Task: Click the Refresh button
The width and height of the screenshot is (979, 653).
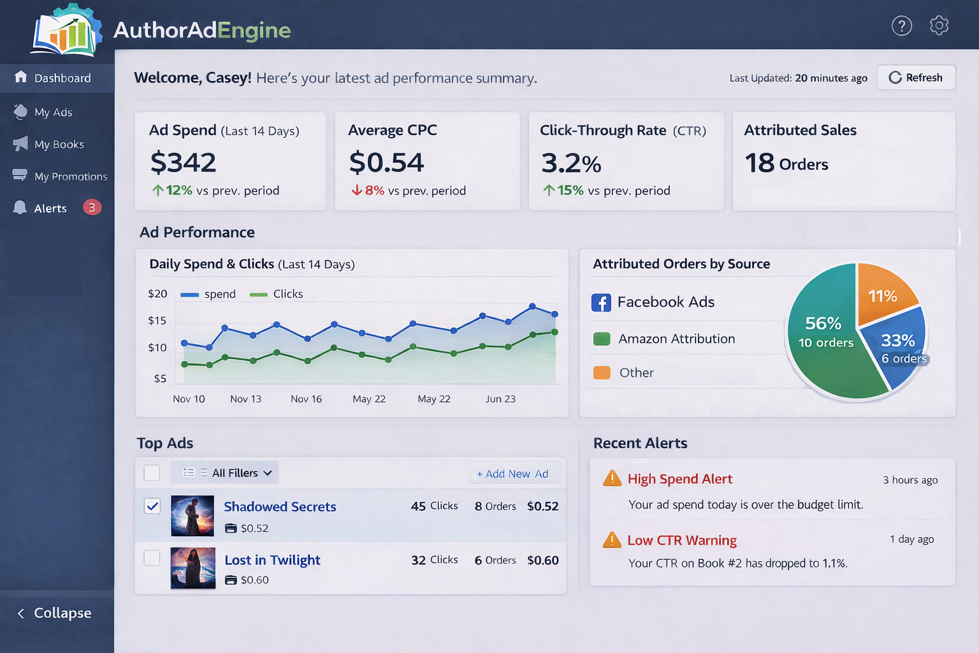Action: coord(916,78)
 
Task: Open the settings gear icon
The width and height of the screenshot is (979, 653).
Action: coord(939,26)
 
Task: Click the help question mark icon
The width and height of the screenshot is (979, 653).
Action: coord(901,26)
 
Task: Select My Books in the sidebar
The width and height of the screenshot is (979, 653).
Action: coord(59,144)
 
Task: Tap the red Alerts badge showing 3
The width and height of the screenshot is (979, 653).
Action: coord(92,207)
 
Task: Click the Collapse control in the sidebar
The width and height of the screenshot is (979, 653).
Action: coord(55,613)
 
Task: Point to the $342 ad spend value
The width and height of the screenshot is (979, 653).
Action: coord(184,163)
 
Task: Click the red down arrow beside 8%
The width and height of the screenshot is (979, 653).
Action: coord(357,190)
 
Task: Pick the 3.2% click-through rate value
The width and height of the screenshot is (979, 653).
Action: coord(571,163)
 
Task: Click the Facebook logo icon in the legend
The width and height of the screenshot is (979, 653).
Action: coord(601,302)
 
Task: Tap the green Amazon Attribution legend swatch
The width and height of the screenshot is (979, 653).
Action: coord(602,339)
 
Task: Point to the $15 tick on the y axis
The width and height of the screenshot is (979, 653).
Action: coord(157,321)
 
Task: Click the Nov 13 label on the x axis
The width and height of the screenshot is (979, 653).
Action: coord(245,399)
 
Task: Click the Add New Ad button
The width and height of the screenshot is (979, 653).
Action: coord(512,474)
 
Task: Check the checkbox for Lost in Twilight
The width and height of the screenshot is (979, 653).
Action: coord(152,558)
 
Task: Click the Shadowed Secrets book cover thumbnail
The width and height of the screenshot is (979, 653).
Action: coord(192,516)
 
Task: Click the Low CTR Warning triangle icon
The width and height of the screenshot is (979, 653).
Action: coord(612,539)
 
